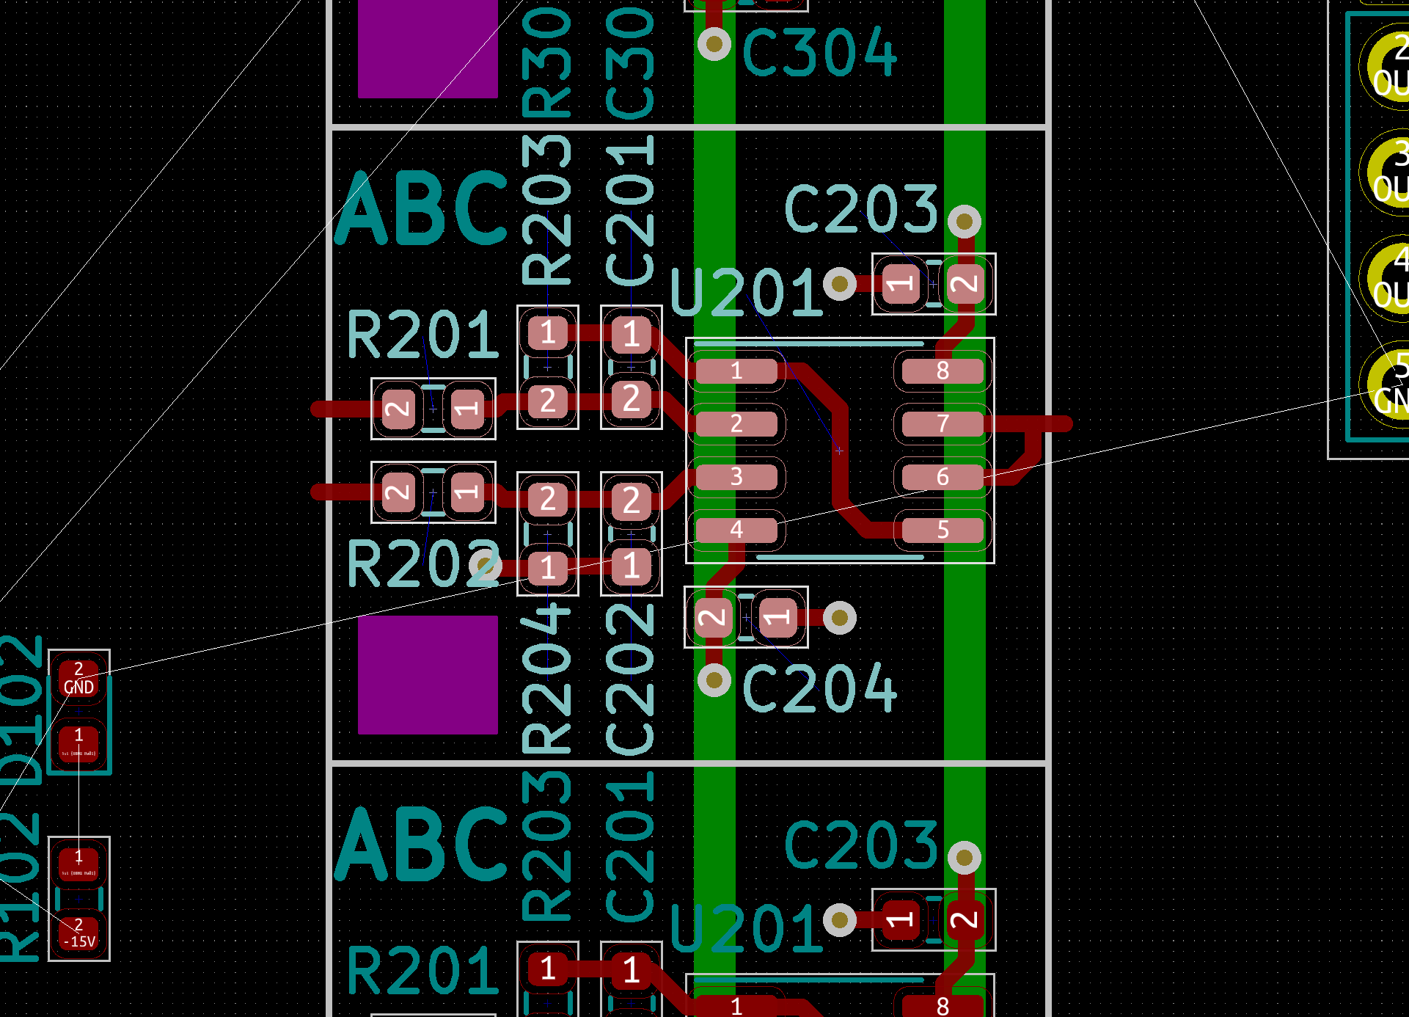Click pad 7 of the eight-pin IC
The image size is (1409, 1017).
point(943,424)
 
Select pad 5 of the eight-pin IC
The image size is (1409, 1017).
point(943,530)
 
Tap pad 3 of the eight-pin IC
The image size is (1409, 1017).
point(736,477)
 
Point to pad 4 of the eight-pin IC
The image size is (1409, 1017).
point(736,530)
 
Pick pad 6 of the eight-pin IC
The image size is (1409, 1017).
point(943,477)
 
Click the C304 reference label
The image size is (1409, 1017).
point(819,51)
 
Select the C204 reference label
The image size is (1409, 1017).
point(819,688)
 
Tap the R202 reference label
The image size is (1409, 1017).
point(422,564)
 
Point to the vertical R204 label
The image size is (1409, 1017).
point(546,679)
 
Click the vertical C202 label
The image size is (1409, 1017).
point(630,679)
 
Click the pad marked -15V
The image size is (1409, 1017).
point(78,933)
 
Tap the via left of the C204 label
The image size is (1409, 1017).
point(714,680)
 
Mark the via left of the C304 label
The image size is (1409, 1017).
point(714,44)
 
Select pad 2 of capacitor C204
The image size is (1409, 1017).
point(711,617)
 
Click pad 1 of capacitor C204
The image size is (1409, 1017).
point(777,617)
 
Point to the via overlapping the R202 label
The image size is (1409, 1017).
point(485,565)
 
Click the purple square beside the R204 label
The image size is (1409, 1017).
point(428,674)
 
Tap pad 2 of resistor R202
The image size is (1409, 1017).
point(398,492)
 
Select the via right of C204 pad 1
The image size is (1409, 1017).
point(839,617)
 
